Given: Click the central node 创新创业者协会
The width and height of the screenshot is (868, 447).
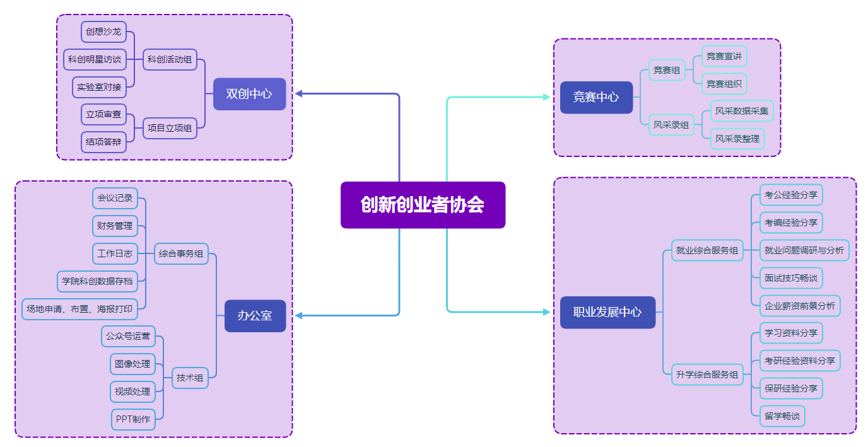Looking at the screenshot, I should pyautogui.click(x=423, y=205).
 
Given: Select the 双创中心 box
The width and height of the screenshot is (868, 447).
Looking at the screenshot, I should pyautogui.click(x=249, y=94).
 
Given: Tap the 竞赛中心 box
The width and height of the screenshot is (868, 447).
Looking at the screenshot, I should pyautogui.click(x=596, y=97).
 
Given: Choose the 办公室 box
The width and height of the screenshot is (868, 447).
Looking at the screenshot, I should pyautogui.click(x=255, y=315).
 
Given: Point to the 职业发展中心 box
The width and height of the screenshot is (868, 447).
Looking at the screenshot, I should pyautogui.click(x=607, y=312).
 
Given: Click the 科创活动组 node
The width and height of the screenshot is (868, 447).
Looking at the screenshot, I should pyautogui.click(x=170, y=60).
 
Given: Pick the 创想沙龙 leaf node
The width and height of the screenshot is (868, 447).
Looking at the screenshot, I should pyautogui.click(x=103, y=32).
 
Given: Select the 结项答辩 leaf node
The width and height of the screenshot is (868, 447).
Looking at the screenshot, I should pyautogui.click(x=103, y=142).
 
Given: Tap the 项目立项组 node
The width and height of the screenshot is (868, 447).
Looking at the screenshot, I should pyautogui.click(x=170, y=128).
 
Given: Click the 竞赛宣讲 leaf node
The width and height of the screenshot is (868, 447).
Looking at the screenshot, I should pyautogui.click(x=724, y=56).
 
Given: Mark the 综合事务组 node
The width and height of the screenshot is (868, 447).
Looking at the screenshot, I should pyautogui.click(x=181, y=254).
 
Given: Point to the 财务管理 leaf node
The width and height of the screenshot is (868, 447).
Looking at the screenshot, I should pyautogui.click(x=115, y=226).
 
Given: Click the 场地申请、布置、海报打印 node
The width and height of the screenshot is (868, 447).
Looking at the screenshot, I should pyautogui.click(x=79, y=309).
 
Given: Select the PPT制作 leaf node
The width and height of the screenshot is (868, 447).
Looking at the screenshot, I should pyautogui.click(x=133, y=419).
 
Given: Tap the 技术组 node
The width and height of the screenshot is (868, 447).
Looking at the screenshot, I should pyautogui.click(x=190, y=378).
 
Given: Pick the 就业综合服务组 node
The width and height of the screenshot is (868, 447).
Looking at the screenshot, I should pyautogui.click(x=707, y=250).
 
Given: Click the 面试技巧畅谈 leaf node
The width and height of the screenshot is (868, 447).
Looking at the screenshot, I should pyautogui.click(x=791, y=278).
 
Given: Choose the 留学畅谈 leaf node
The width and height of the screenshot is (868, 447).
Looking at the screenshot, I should pyautogui.click(x=782, y=416).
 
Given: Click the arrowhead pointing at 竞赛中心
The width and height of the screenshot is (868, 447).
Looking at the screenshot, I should pyautogui.click(x=546, y=97).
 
